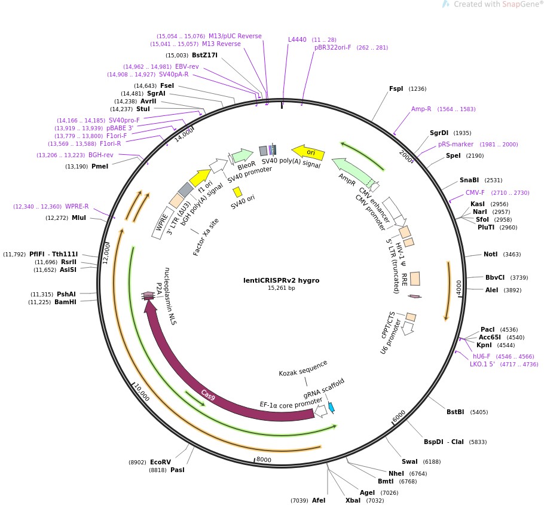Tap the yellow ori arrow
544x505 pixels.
pyautogui.click(x=308, y=153)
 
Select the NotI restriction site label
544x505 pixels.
pyautogui.click(x=490, y=254)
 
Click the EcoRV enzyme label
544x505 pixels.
pyautogui.click(x=160, y=462)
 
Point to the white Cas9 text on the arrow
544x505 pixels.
pyautogui.click(x=208, y=394)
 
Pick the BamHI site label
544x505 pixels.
pyautogui.click(x=66, y=302)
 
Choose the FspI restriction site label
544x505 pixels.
pyautogui.click(x=396, y=88)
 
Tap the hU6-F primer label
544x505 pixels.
pyautogui.click(x=482, y=356)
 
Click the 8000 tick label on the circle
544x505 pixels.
pyautogui.click(x=264, y=460)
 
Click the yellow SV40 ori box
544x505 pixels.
pyautogui.click(x=237, y=192)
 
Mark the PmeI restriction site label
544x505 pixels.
pyautogui.click(x=100, y=166)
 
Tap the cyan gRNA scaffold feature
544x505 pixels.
pyautogui.click(x=331, y=407)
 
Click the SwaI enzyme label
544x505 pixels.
pyautogui.click(x=409, y=461)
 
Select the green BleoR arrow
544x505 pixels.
pyautogui.click(x=242, y=155)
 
